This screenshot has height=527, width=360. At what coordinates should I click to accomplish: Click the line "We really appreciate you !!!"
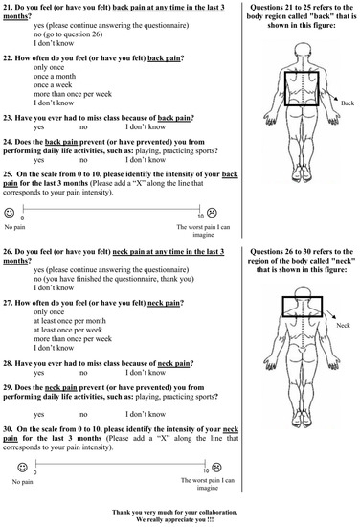[180, 517]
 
